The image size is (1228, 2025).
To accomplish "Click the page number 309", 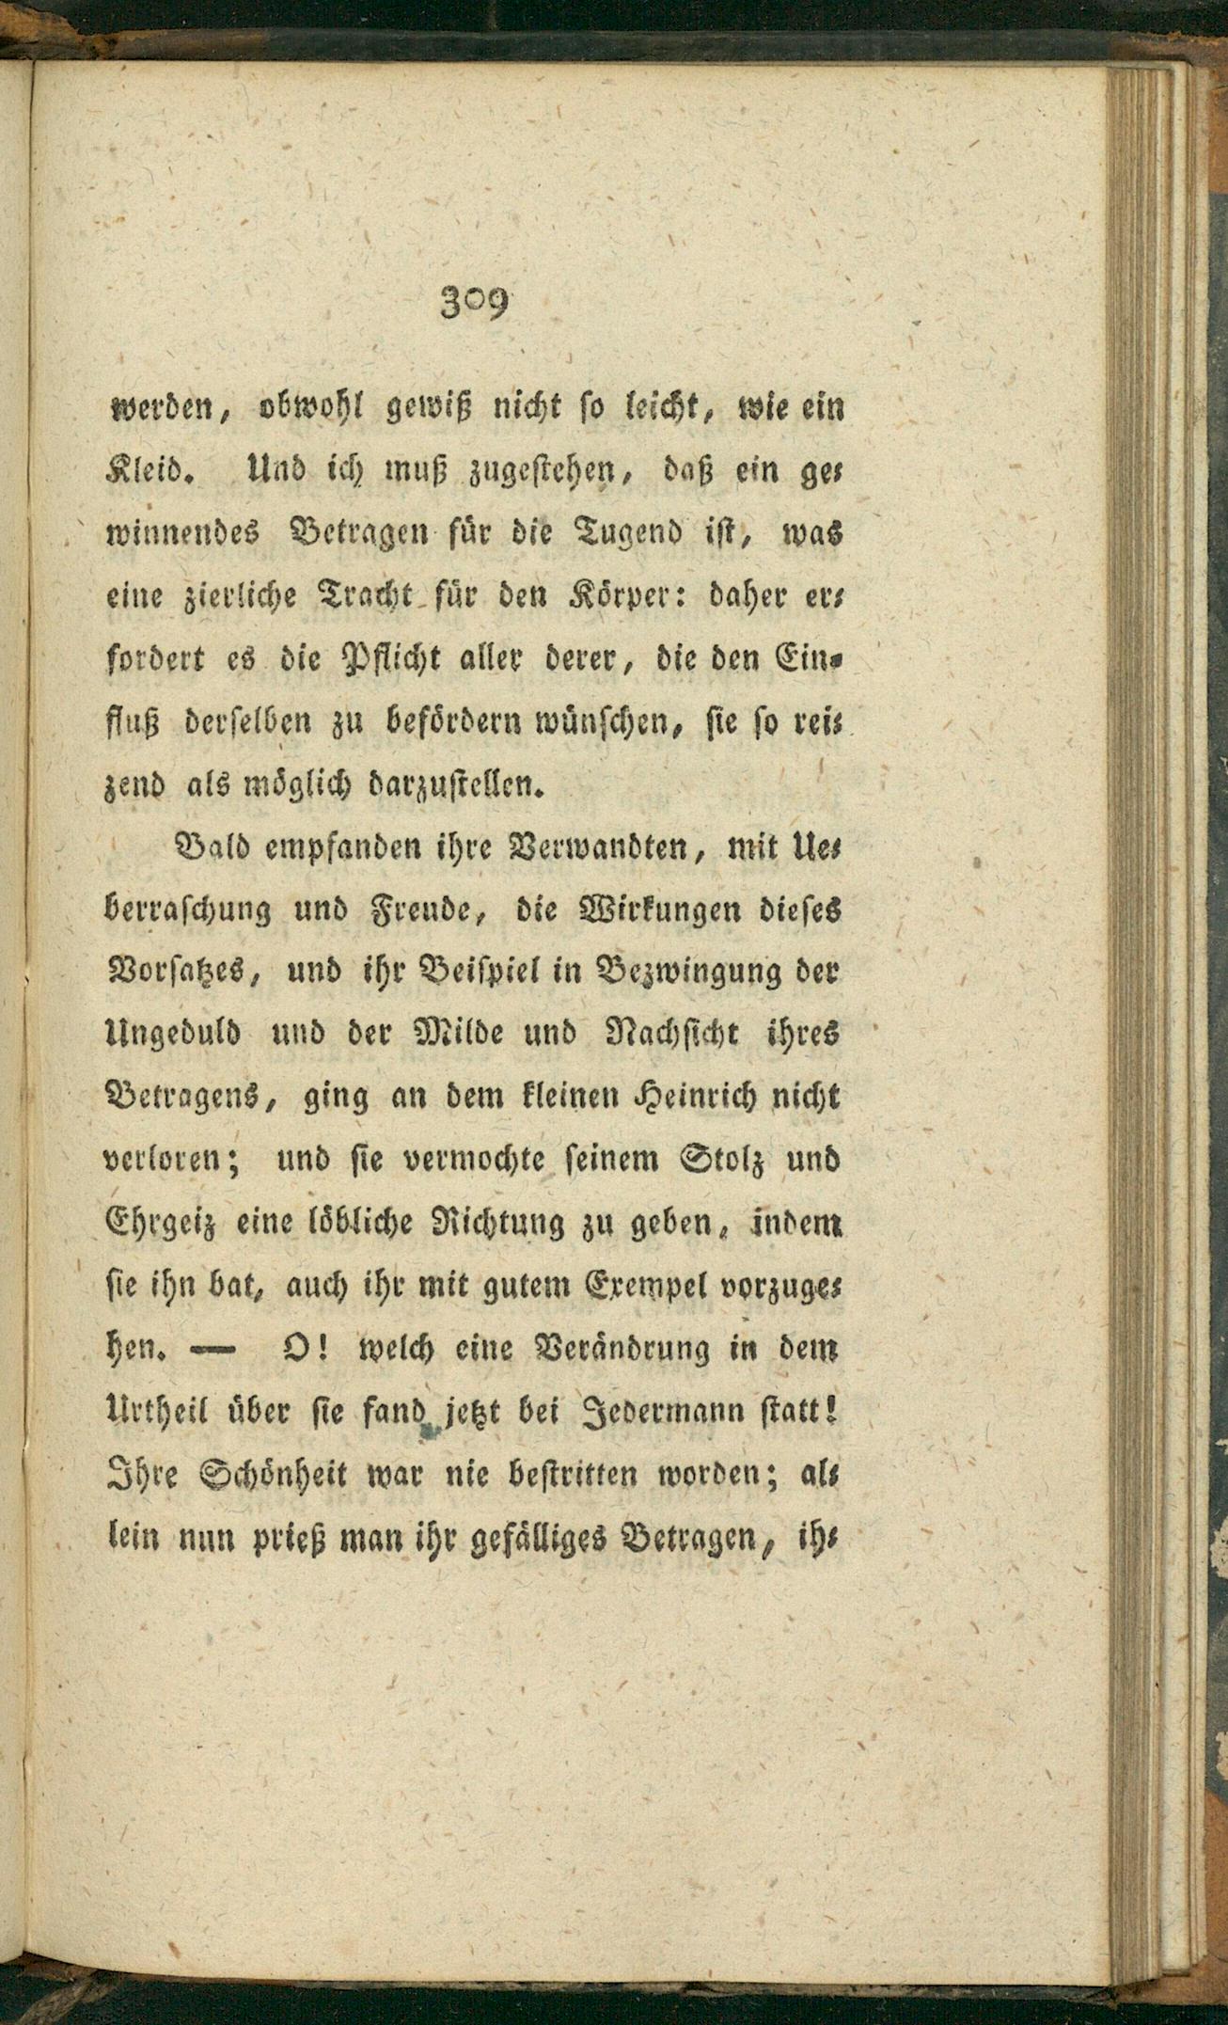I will coord(473,304).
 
